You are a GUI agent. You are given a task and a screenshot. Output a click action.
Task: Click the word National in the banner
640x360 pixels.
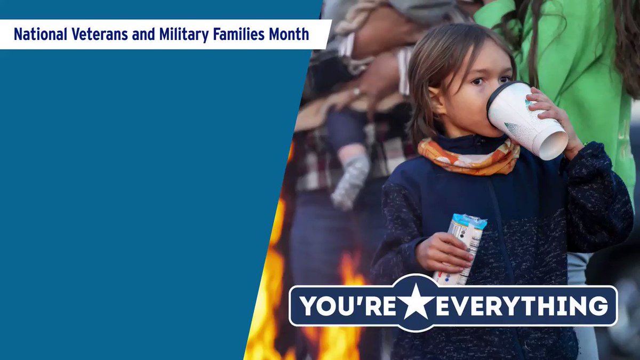pyautogui.click(x=41, y=34)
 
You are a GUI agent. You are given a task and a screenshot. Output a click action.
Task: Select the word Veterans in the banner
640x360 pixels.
pyautogui.click(x=99, y=34)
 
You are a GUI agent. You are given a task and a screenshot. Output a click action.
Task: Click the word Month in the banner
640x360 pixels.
pyautogui.click(x=289, y=34)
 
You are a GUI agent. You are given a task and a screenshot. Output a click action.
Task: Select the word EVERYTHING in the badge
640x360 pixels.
pyautogui.click(x=522, y=306)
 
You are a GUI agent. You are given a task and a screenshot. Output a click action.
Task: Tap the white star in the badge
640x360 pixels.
pyautogui.click(x=415, y=303)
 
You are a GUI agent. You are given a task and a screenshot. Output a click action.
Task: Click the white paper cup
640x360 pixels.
pyautogui.click(x=526, y=119)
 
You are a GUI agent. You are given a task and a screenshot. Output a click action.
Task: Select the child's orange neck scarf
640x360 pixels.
pyautogui.click(x=469, y=158)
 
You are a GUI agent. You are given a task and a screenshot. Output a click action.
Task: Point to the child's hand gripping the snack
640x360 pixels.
pyautogui.click(x=443, y=252)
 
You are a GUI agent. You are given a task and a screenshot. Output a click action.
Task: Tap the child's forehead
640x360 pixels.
pyautogui.click(x=483, y=60)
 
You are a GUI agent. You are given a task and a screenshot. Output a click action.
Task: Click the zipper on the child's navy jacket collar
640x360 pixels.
pyautogui.click(x=482, y=140)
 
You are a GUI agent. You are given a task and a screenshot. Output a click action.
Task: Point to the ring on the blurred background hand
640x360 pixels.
pyautogui.click(x=357, y=92)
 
